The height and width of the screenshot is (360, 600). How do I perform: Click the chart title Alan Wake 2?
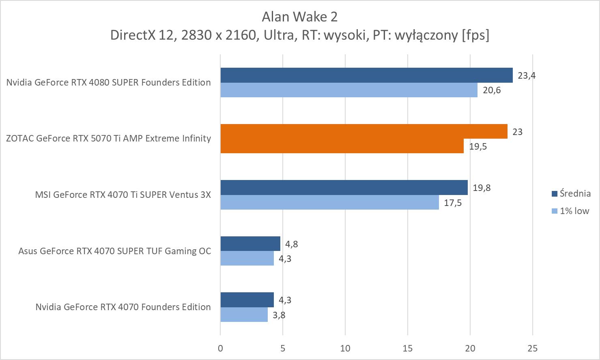(299, 17)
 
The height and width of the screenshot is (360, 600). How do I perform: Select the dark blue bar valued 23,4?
(366, 75)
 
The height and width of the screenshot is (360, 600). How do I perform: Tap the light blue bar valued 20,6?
(349, 90)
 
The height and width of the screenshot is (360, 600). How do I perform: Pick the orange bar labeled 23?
(364, 131)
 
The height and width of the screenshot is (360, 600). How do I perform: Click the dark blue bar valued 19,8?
(344, 188)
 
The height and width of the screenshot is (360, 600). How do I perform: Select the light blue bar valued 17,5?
(329, 202)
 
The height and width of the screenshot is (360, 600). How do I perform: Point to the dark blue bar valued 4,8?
(250, 244)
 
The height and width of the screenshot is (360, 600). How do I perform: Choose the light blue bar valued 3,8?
(244, 315)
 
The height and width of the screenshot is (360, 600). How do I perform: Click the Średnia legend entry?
(571, 193)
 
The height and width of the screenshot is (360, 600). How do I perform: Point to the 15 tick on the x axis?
(407, 348)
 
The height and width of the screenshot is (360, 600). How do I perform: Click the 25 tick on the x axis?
(532, 348)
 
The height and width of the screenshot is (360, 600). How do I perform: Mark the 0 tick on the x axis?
(220, 348)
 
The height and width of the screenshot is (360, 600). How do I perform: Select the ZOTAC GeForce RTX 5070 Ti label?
(109, 139)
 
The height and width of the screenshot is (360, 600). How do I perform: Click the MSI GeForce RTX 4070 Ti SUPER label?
(123, 195)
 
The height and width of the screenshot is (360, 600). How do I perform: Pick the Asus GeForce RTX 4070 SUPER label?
(115, 251)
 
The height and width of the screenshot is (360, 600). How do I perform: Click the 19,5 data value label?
(478, 146)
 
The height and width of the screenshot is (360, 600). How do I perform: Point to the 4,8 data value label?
(292, 244)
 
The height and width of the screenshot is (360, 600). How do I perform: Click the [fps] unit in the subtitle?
(475, 35)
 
